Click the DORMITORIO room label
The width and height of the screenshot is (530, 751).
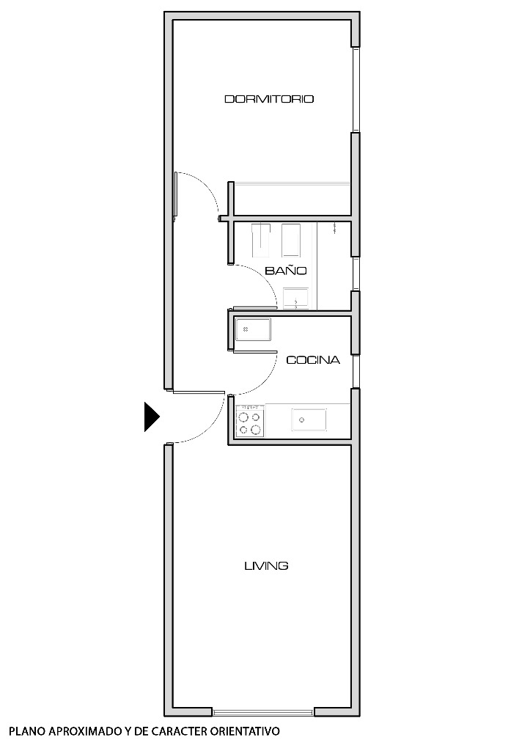pyautogui.click(x=269, y=99)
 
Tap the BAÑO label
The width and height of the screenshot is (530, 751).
pyautogui.click(x=285, y=271)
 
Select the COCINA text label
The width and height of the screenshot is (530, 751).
pyautogui.click(x=312, y=360)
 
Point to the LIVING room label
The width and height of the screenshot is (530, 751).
pyautogui.click(x=265, y=565)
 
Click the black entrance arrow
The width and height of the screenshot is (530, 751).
pyautogui.click(x=151, y=417)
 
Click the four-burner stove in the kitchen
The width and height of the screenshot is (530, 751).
pyautogui.click(x=249, y=422)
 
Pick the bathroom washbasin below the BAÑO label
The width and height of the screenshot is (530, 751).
pyautogui.click(x=296, y=298)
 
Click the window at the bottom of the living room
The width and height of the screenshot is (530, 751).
pyautogui.click(x=263, y=711)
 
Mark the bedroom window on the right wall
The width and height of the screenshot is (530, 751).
pyautogui.click(x=356, y=89)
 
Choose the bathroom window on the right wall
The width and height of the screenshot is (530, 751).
pyautogui.click(x=356, y=274)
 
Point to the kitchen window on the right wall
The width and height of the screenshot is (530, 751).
pyautogui.click(x=356, y=370)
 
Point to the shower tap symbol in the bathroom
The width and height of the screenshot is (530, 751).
pyautogui.click(x=334, y=228)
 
